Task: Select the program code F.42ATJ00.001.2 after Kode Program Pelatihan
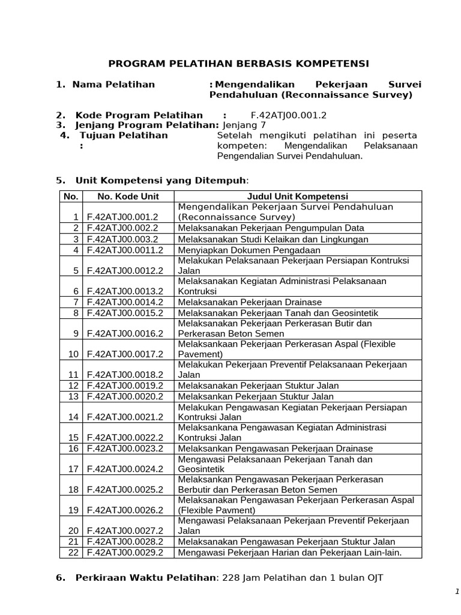coord(289,115)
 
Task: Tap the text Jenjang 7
coord(244,125)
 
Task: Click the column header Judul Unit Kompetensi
coord(298,196)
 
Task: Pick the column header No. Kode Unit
coord(128,196)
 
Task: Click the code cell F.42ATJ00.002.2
coord(122,228)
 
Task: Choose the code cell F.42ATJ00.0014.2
coord(125,302)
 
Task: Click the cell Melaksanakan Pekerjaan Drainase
coord(250,302)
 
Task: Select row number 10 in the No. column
coord(73,354)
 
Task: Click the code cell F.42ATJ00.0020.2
coord(125,396)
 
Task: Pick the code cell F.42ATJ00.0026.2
coord(125,510)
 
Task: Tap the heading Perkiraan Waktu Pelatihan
coord(145,578)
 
